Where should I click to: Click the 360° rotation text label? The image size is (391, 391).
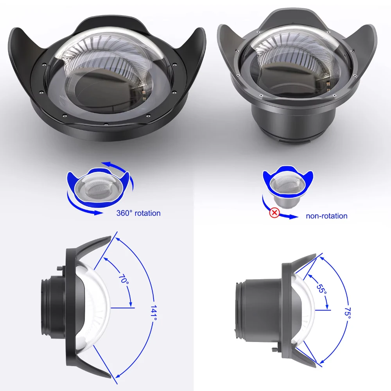click(x=138, y=213)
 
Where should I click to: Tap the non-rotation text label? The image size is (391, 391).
click(x=326, y=216)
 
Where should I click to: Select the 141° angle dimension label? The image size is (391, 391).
click(x=154, y=313)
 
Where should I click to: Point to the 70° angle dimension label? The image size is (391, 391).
click(x=124, y=279)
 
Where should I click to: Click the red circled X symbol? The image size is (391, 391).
click(x=274, y=213)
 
